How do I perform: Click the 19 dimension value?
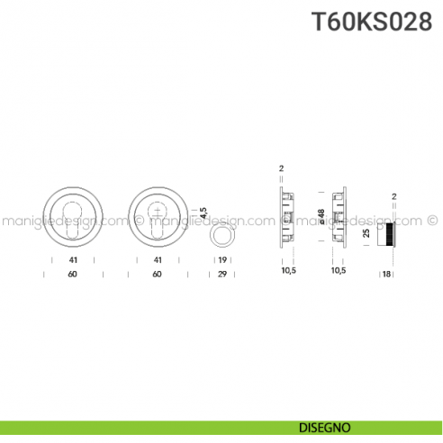click(x=221, y=260)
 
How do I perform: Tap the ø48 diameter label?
click(x=321, y=218)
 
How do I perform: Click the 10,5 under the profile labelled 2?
click(x=288, y=270)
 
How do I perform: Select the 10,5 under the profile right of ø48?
click(x=339, y=270)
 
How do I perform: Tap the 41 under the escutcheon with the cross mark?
click(x=158, y=260)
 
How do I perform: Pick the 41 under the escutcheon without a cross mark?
click(x=72, y=260)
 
